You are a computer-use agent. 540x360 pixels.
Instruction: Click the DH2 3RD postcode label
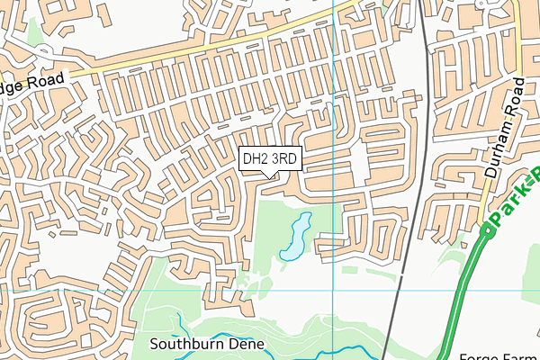pyautogui.click(x=270, y=158)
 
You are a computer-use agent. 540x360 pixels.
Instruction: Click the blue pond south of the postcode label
pyautogui.click(x=294, y=238)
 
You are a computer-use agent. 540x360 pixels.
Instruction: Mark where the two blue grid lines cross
pyautogui.click(x=333, y=291)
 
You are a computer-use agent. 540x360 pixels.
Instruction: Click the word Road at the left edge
pyautogui.click(x=48, y=80)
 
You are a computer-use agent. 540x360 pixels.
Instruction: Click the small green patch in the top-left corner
pyautogui.click(x=35, y=31)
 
